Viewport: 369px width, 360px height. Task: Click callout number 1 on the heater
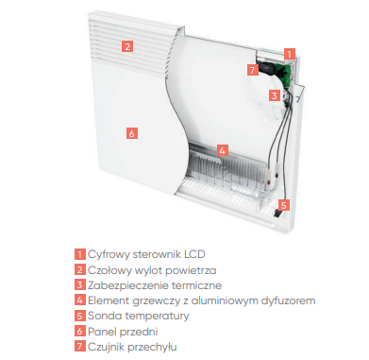(290, 54)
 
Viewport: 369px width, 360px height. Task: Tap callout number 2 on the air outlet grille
(127, 46)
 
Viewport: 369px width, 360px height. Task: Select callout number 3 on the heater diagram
(275, 95)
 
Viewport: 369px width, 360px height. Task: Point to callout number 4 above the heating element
(223, 150)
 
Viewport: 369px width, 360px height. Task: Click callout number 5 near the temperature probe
(284, 205)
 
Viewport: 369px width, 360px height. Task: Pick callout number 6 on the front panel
(132, 133)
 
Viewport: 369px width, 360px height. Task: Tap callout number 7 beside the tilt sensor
(253, 70)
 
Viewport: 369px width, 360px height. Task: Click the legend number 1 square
(80, 254)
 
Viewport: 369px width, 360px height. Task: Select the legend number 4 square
(80, 300)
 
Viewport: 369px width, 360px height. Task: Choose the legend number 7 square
(80, 347)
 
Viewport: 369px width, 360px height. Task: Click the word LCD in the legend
(194, 254)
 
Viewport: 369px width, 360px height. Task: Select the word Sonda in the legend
(101, 316)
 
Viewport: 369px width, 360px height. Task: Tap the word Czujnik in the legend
(105, 347)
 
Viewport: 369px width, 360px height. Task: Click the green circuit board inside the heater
(284, 74)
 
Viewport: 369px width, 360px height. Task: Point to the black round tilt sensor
(266, 68)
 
